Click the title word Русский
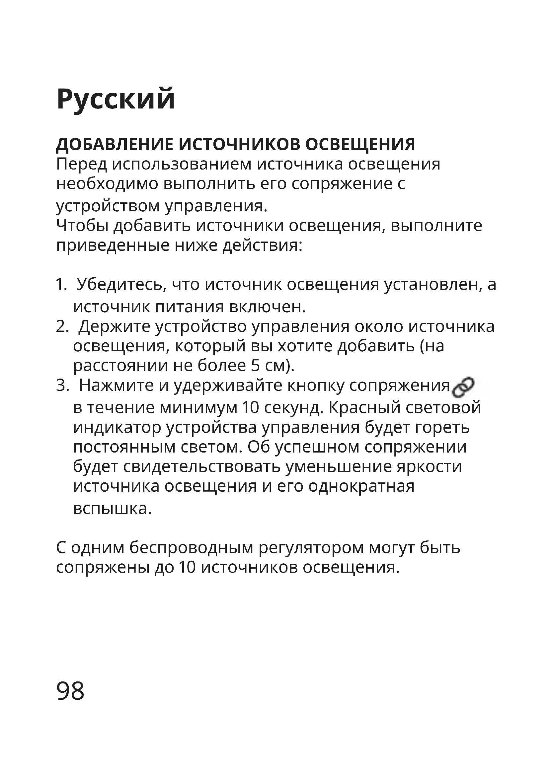click(116, 99)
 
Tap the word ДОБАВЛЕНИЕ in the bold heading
click(115, 144)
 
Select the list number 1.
click(61, 285)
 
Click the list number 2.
click(61, 327)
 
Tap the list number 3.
click(61, 386)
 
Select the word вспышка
click(112, 509)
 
